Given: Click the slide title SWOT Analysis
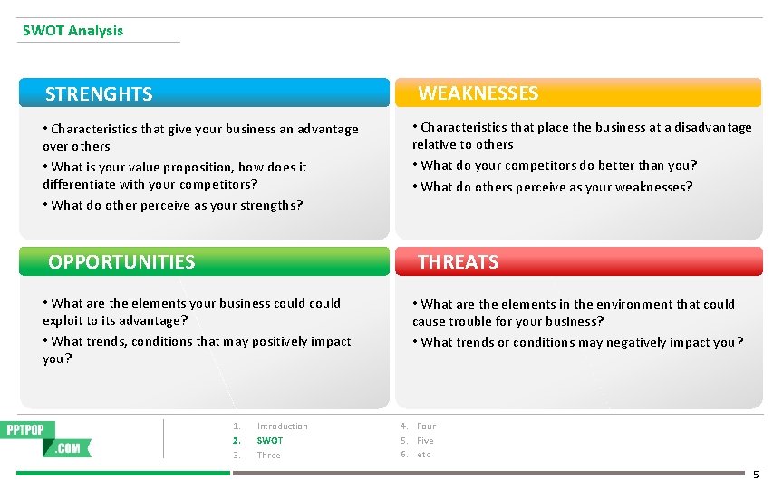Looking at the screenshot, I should pos(72,30).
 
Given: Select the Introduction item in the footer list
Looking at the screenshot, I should pos(282,426).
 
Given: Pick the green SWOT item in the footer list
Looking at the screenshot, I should pos(269,441).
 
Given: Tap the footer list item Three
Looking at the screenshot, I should pos(268,456).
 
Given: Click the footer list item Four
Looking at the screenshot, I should pos(426,426).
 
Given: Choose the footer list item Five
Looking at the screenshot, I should pos(425,441).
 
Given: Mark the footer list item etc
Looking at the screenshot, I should pos(423,455).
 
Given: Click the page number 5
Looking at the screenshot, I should pos(757,475).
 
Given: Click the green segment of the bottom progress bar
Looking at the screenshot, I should pos(123,473).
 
